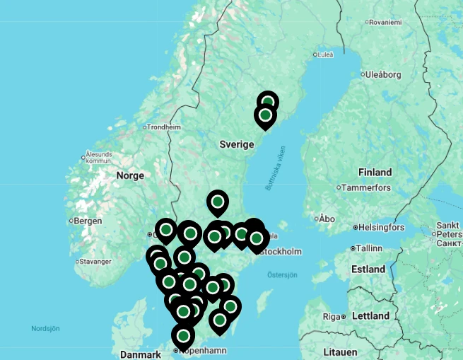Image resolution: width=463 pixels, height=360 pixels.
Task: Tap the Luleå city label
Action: tap(325, 54)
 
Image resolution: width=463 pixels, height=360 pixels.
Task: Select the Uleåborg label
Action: tap(383, 74)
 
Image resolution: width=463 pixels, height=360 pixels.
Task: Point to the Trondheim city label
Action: tap(164, 127)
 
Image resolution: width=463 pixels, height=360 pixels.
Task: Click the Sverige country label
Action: tap(236, 144)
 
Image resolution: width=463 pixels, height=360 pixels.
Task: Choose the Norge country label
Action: tap(130, 175)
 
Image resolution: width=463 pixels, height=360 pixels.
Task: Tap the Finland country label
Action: tap(375, 172)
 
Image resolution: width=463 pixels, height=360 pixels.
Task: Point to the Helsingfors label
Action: tap(381, 228)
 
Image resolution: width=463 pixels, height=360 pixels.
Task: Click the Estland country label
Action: tap(368, 269)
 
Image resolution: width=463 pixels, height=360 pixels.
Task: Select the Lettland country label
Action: tap(370, 315)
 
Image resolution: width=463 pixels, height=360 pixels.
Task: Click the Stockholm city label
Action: tap(283, 252)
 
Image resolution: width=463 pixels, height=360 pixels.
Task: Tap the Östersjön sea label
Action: tap(282, 274)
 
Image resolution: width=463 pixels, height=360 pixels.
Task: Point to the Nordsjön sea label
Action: tap(45, 329)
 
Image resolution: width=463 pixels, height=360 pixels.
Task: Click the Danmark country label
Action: tap(141, 354)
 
